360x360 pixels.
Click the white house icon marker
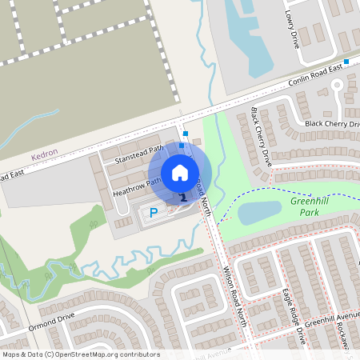pyautogui.click(x=180, y=172)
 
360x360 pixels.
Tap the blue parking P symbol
pyautogui.click(x=153, y=214)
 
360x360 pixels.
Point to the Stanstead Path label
pyautogui.click(x=139, y=154)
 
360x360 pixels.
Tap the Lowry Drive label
pyautogui.click(x=291, y=24)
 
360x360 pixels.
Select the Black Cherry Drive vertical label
pyautogui.click(x=262, y=136)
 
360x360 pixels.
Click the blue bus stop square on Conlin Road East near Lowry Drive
pyautogui.click(x=346, y=62)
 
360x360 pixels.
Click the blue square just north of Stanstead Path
pyautogui.click(x=186, y=134)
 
